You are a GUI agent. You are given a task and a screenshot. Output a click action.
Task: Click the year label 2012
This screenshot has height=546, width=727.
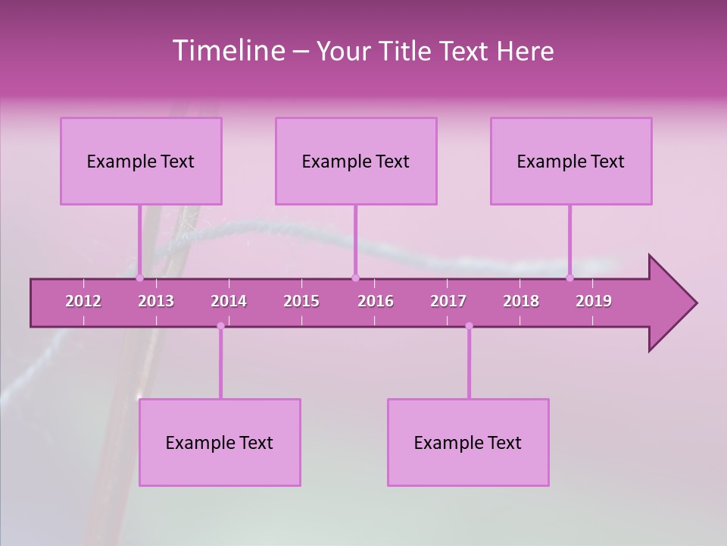click(83, 301)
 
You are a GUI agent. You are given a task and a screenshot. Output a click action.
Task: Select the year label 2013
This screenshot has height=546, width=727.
click(156, 301)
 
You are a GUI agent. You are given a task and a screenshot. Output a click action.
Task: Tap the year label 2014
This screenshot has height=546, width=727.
click(229, 301)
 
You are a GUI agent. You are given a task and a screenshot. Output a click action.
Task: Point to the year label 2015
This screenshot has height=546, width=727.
click(301, 301)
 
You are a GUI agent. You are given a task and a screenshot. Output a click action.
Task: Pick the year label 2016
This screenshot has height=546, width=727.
click(376, 301)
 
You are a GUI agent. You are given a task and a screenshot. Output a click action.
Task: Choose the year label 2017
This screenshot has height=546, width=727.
click(448, 301)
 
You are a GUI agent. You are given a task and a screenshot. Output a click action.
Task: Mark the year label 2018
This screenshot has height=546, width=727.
click(521, 301)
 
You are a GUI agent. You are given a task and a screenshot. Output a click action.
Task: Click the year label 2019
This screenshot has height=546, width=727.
click(594, 301)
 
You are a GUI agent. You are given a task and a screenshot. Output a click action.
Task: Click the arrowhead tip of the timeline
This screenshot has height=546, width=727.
click(695, 303)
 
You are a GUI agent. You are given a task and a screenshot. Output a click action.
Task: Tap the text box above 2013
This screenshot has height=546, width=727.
click(141, 161)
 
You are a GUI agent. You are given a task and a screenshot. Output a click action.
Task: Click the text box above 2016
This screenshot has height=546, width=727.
click(356, 161)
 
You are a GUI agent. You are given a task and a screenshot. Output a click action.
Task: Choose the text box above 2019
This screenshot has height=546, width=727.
click(571, 161)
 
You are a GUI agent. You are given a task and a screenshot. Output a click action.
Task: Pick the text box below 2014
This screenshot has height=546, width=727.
click(220, 442)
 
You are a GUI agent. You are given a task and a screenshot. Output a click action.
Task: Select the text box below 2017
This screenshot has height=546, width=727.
click(468, 442)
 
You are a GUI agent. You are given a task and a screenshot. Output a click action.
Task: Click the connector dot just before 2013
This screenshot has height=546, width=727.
click(139, 278)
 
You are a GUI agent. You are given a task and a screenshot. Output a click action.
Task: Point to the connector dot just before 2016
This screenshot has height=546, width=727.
click(355, 278)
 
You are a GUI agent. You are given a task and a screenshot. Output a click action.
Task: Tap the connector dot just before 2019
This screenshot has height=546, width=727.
click(570, 278)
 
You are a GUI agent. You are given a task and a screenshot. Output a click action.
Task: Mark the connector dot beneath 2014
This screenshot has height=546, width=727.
click(220, 326)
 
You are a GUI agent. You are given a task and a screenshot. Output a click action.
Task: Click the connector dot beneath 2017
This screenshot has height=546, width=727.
click(469, 326)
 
